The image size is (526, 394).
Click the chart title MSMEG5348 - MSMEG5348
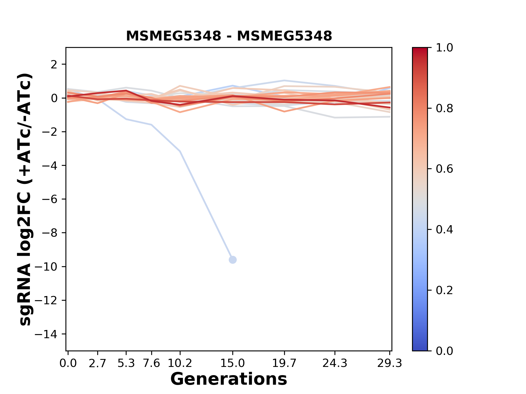(x=229, y=36)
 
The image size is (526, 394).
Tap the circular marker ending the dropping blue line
(x=233, y=260)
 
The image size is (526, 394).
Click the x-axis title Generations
(x=229, y=379)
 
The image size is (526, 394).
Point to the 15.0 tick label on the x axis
(x=233, y=363)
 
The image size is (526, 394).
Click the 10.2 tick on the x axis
(x=180, y=363)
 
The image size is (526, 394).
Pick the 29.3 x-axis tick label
(x=390, y=363)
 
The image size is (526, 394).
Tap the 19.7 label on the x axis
(x=284, y=363)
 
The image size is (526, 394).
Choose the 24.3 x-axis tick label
(x=335, y=363)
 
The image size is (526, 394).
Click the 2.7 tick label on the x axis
(x=98, y=363)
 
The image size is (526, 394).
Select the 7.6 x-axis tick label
(x=151, y=363)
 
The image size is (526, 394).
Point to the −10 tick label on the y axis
(x=50, y=267)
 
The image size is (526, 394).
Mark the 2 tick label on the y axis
(x=54, y=65)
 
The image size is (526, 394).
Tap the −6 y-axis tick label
(x=50, y=199)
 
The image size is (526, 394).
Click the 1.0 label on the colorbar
(x=444, y=48)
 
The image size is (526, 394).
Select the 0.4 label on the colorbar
(x=444, y=230)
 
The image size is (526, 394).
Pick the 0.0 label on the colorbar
(x=444, y=351)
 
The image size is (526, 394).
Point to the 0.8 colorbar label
(x=444, y=109)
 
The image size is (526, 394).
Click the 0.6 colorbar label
(x=444, y=169)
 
